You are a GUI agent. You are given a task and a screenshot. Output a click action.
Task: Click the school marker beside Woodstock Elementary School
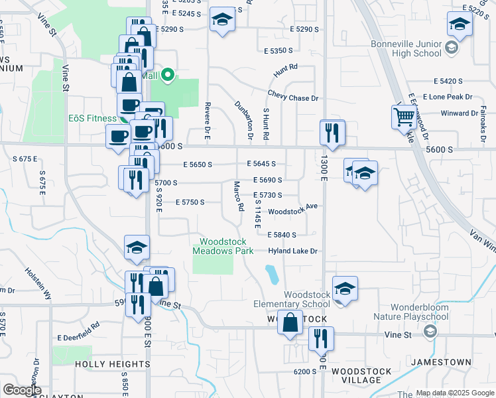(x=345, y=289)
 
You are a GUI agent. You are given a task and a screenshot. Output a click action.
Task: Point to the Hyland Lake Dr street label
(x=294, y=251)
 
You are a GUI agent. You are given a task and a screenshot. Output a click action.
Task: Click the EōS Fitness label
(x=93, y=119)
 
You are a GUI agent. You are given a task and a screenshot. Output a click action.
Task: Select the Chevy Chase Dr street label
(x=293, y=98)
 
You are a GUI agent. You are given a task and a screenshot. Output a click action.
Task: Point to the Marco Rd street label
(x=238, y=196)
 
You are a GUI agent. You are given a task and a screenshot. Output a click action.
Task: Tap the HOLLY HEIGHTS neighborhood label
(x=112, y=364)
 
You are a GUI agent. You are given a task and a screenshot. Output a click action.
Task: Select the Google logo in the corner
(x=22, y=390)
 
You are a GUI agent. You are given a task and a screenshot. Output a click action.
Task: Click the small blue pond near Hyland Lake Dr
(x=272, y=274)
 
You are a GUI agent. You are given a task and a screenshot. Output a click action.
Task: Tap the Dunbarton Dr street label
(x=245, y=119)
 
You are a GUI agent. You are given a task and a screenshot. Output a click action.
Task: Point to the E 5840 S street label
(x=291, y=235)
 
